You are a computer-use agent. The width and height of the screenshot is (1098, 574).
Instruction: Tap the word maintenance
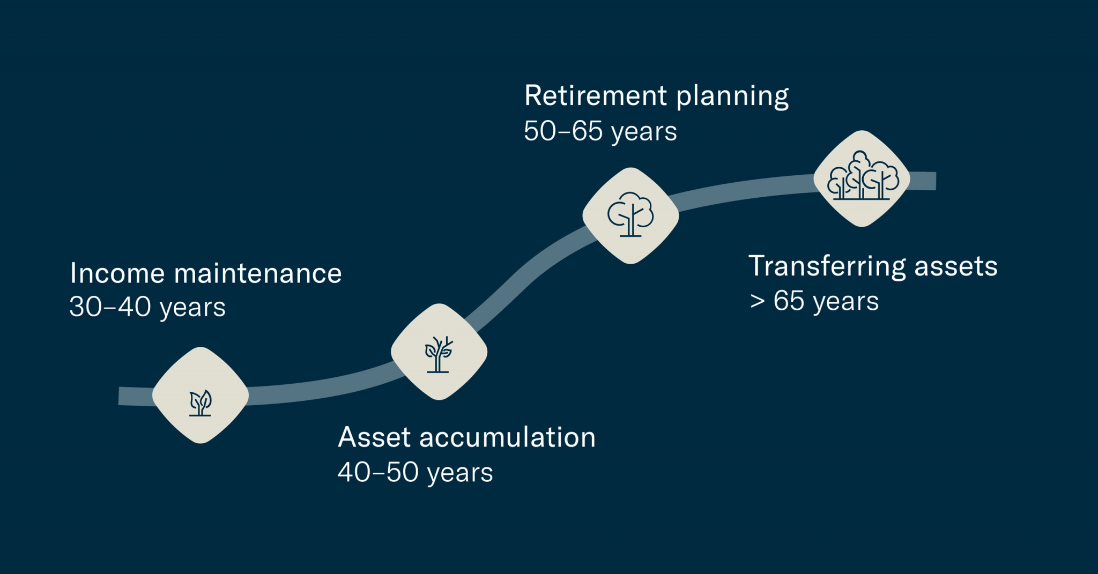(x=258, y=273)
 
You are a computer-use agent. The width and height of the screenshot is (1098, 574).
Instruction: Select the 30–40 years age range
(x=147, y=307)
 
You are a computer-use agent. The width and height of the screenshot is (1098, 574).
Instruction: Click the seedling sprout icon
(x=201, y=402)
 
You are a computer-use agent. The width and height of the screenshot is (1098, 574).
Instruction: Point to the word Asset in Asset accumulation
(x=374, y=437)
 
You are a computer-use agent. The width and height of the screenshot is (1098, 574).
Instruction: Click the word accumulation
(x=507, y=437)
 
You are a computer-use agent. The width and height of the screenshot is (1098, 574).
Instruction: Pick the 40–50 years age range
(x=415, y=473)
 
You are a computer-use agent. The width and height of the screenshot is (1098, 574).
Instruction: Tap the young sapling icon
(x=439, y=354)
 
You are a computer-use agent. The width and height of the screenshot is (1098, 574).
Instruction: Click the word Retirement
(x=595, y=96)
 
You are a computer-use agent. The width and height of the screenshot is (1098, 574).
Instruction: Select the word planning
(x=732, y=97)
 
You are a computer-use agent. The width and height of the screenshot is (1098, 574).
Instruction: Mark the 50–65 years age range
(x=600, y=131)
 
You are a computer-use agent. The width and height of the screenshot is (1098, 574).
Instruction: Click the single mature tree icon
(x=630, y=214)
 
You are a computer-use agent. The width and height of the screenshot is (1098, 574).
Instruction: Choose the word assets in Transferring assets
(x=955, y=266)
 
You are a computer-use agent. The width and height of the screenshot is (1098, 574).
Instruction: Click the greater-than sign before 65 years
(x=757, y=301)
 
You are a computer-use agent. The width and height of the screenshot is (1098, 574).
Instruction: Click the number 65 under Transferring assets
(x=789, y=301)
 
